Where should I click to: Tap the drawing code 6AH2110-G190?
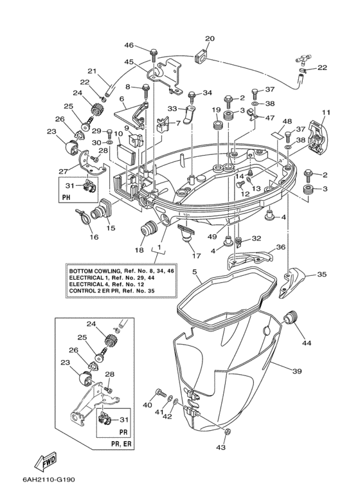click(49, 480)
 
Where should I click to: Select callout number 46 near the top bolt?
click(129, 45)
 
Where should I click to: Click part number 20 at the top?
click(210, 39)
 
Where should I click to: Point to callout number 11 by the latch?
click(326, 113)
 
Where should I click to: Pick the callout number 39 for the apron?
click(297, 371)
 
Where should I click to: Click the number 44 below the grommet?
click(307, 343)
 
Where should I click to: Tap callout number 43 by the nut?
click(221, 447)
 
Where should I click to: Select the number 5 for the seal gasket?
click(195, 271)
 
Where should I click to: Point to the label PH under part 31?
click(66, 197)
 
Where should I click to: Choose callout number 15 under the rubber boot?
click(111, 228)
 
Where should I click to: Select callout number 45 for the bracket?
click(129, 62)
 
